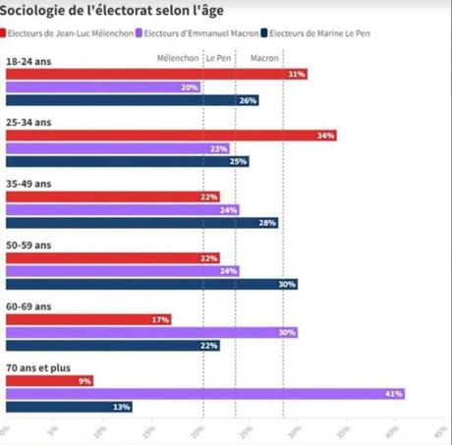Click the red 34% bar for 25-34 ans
point(171,136)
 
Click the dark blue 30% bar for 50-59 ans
point(151,284)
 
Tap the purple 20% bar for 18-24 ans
point(103,87)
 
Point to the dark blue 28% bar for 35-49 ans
point(141,223)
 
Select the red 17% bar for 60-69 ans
point(88,319)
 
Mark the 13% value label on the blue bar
point(121,407)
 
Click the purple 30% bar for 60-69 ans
point(151,332)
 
